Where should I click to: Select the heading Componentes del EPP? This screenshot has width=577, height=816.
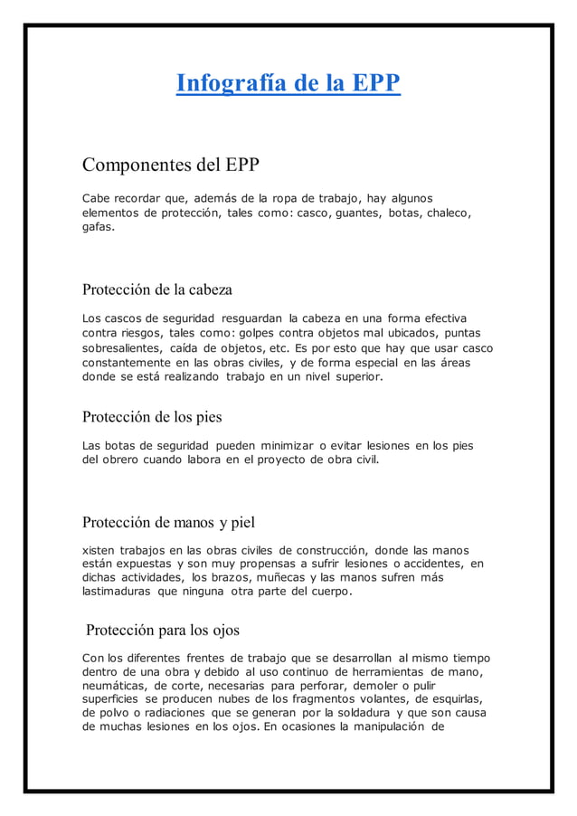pos(170,166)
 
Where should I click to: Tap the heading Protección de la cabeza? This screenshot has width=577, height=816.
pos(157,290)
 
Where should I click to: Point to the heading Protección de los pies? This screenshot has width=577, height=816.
pos(152,417)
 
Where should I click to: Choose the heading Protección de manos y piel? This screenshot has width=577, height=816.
pos(169,522)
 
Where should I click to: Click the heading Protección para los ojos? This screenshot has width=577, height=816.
pos(163,630)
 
